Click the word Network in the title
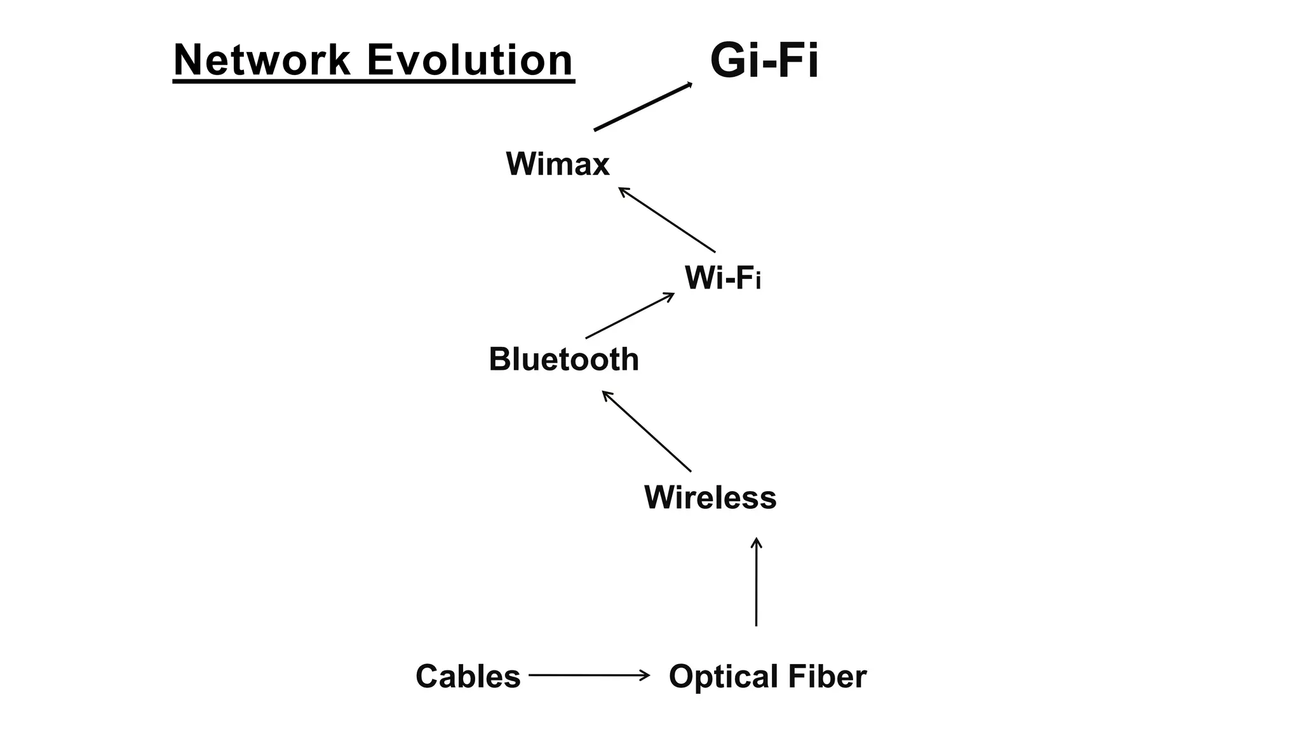(261, 60)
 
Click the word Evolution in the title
(469, 60)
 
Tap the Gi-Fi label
(764, 61)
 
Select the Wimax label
(557, 164)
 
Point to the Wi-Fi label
(722, 278)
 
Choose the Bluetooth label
(563, 360)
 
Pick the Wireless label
(710, 498)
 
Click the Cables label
(468, 676)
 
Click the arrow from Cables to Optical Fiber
(588, 675)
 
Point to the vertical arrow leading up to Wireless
(756, 582)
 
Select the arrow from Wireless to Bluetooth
(647, 431)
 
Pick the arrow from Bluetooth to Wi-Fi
(630, 316)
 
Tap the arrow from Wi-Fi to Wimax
(667, 220)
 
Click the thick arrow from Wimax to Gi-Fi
(642, 107)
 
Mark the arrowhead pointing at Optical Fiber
(645, 675)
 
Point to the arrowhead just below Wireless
(756, 542)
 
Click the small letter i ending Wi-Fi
(758, 280)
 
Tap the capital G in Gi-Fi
(728, 61)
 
